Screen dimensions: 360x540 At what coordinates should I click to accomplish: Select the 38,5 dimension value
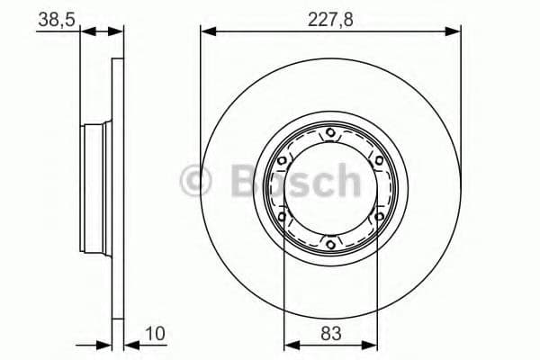click(55, 17)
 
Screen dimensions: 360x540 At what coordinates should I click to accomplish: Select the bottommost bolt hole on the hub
click(330, 243)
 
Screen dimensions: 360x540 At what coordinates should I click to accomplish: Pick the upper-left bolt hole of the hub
click(283, 162)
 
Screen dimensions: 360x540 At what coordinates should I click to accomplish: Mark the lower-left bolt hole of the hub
click(283, 216)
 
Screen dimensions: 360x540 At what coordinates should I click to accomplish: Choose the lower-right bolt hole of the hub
click(378, 216)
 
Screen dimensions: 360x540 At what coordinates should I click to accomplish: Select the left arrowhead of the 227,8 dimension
click(206, 31)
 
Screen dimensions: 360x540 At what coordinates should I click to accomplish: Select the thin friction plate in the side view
click(118, 190)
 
